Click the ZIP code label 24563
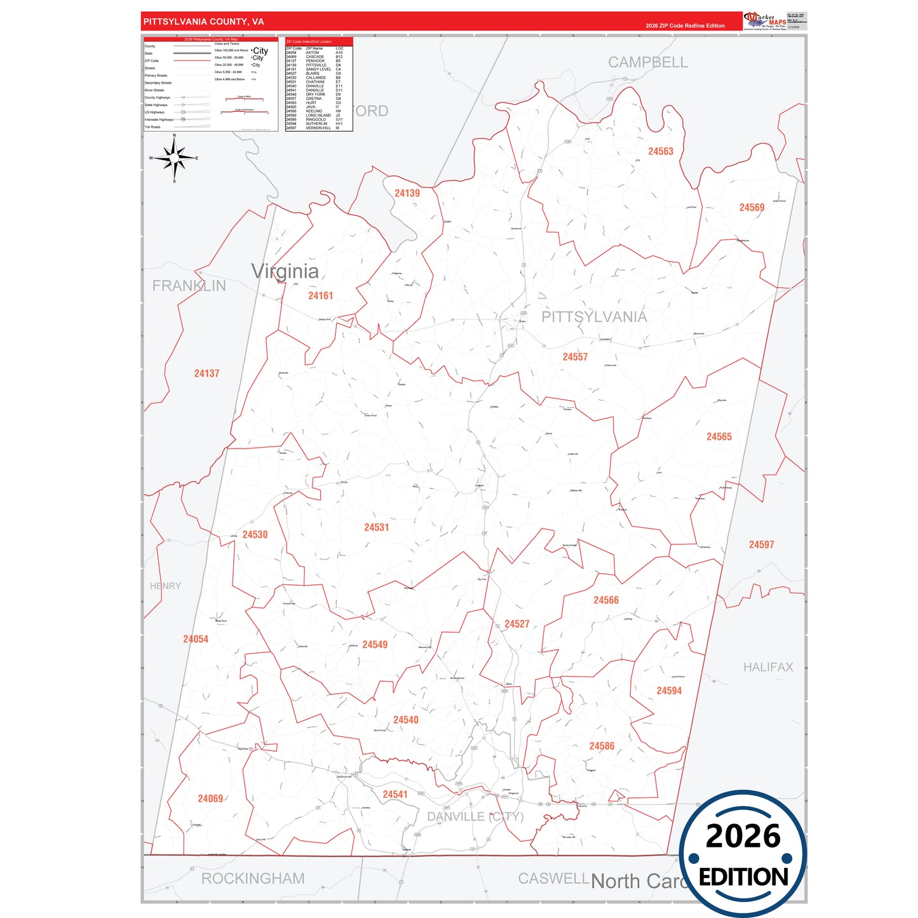tap(660, 151)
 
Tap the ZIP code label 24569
tap(752, 208)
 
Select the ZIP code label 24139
tap(407, 193)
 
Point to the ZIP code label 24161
tap(320, 295)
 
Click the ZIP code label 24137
tap(206, 374)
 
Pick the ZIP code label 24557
tap(575, 357)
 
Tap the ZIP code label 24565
tap(719, 436)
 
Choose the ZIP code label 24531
tap(376, 527)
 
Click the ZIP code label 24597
tap(761, 544)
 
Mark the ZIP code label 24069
tap(210, 799)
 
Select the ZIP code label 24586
tap(602, 746)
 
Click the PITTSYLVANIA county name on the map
tap(594, 317)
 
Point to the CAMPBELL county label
tap(647, 62)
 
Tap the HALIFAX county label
tap(768, 667)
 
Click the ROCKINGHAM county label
tap(253, 879)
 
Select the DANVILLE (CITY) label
tap(475, 816)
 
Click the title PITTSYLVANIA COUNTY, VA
tap(203, 22)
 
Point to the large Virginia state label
tap(285, 271)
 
